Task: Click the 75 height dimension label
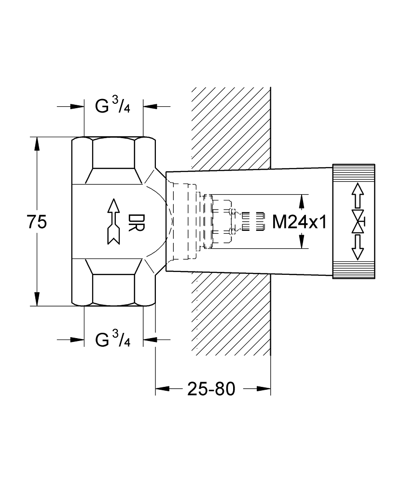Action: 37,222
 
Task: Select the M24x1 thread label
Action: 299,222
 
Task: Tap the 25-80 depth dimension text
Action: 211,389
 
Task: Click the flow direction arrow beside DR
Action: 113,222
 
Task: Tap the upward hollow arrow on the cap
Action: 358,195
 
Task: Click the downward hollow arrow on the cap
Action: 358,247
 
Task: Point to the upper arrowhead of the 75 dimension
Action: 37,144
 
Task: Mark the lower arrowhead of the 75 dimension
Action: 37,299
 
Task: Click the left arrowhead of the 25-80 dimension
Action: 163,389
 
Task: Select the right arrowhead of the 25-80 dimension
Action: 263,389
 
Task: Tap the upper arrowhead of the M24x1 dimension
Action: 302,201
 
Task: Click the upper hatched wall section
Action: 231,128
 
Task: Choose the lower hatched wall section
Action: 231,313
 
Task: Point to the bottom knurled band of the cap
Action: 354,270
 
